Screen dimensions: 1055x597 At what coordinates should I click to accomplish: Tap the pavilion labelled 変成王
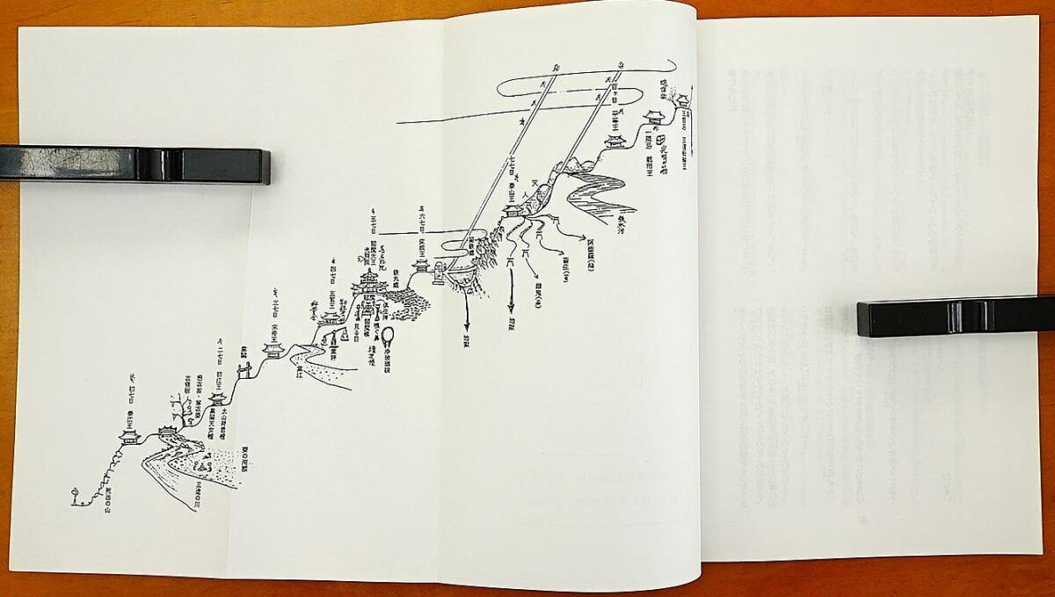421,264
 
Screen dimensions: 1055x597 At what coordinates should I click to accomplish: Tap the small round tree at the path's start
76,491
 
